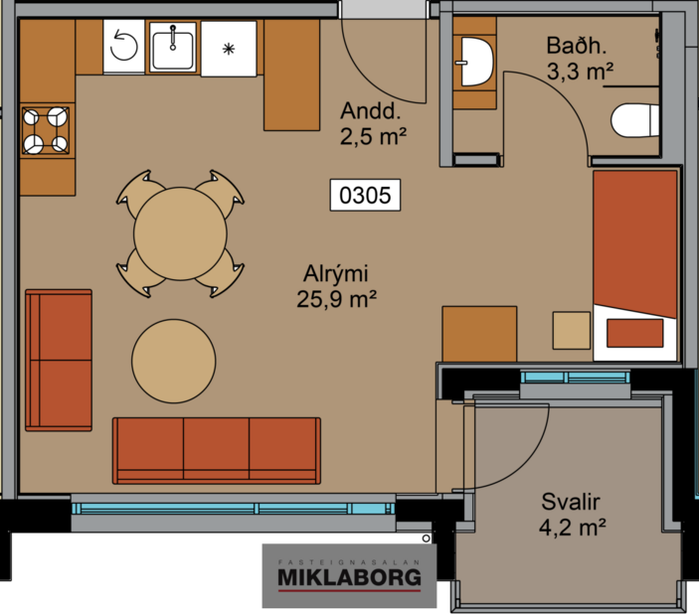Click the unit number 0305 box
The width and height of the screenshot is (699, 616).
(364, 196)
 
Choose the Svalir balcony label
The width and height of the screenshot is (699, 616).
(574, 502)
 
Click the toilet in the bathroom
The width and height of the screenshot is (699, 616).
(634, 121)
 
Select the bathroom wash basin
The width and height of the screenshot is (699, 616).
(475, 63)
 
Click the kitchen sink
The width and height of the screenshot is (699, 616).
(175, 46)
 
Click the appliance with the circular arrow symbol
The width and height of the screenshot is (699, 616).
(124, 46)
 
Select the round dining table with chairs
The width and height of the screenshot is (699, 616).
(179, 233)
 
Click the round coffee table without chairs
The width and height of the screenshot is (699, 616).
(174, 361)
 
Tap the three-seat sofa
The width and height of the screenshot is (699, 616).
(217, 449)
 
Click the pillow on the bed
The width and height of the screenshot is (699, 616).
(636, 333)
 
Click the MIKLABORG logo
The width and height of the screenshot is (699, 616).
(348, 576)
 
